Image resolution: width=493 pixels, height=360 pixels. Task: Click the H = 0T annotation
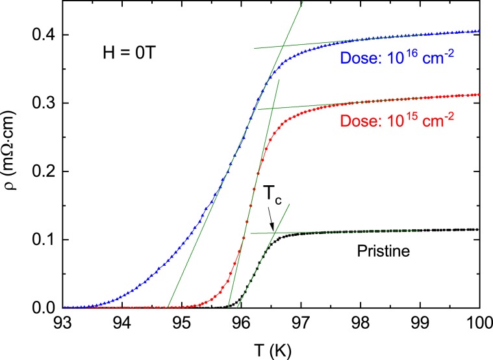pos(127,51)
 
